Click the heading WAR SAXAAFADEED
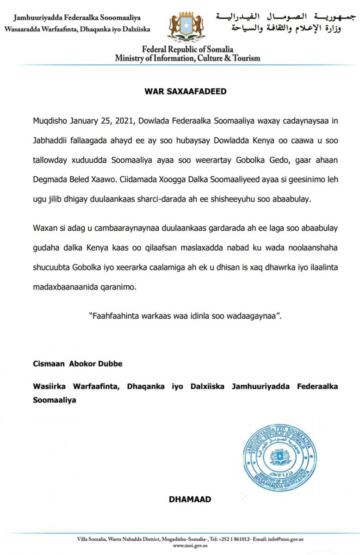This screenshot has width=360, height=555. coord(186,92)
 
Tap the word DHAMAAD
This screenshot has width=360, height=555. coord(190,499)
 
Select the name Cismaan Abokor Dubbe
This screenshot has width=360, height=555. coord(78,364)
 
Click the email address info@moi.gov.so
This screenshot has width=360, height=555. coord(283,539)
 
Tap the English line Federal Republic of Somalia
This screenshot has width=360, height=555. coord(187,49)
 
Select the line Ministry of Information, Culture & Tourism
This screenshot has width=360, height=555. coord(187,58)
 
